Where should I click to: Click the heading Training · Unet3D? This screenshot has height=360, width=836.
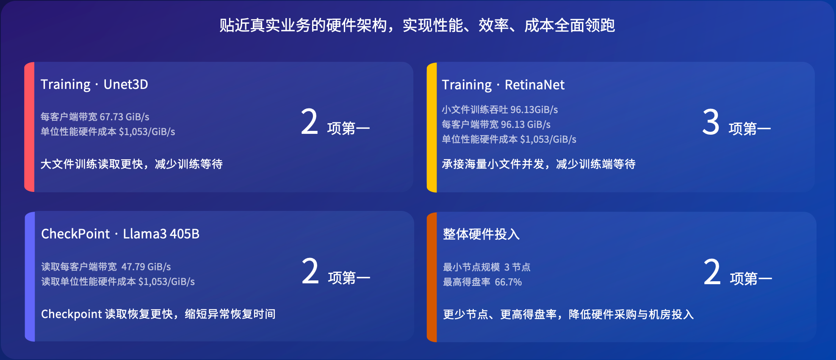94,85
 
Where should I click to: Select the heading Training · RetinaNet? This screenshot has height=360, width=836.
503,85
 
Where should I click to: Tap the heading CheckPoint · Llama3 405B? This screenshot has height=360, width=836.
120,234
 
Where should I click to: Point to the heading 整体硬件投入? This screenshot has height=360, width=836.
481,234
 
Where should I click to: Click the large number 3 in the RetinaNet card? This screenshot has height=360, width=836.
711,122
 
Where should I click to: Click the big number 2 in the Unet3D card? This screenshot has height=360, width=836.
310,122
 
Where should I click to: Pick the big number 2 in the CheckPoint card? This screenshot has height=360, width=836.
310,271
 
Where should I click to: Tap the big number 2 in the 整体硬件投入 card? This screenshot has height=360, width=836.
712,272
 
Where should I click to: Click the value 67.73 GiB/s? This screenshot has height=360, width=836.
125,117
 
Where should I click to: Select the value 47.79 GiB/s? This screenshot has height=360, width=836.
146,267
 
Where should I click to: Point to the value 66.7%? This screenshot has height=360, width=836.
508,282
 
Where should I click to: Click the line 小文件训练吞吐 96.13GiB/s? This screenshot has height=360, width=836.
500,110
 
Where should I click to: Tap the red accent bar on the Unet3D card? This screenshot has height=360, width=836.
29,127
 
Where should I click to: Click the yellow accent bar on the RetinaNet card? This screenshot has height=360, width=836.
432,127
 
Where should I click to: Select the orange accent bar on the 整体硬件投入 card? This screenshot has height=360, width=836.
432,277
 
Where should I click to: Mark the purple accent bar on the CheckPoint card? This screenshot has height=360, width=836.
30,276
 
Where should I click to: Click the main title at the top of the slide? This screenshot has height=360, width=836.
417,25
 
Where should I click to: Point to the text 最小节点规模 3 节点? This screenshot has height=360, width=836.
487,267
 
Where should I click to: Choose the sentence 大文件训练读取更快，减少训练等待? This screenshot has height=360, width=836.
132,164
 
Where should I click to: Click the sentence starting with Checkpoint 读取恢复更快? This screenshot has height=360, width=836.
158,314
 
